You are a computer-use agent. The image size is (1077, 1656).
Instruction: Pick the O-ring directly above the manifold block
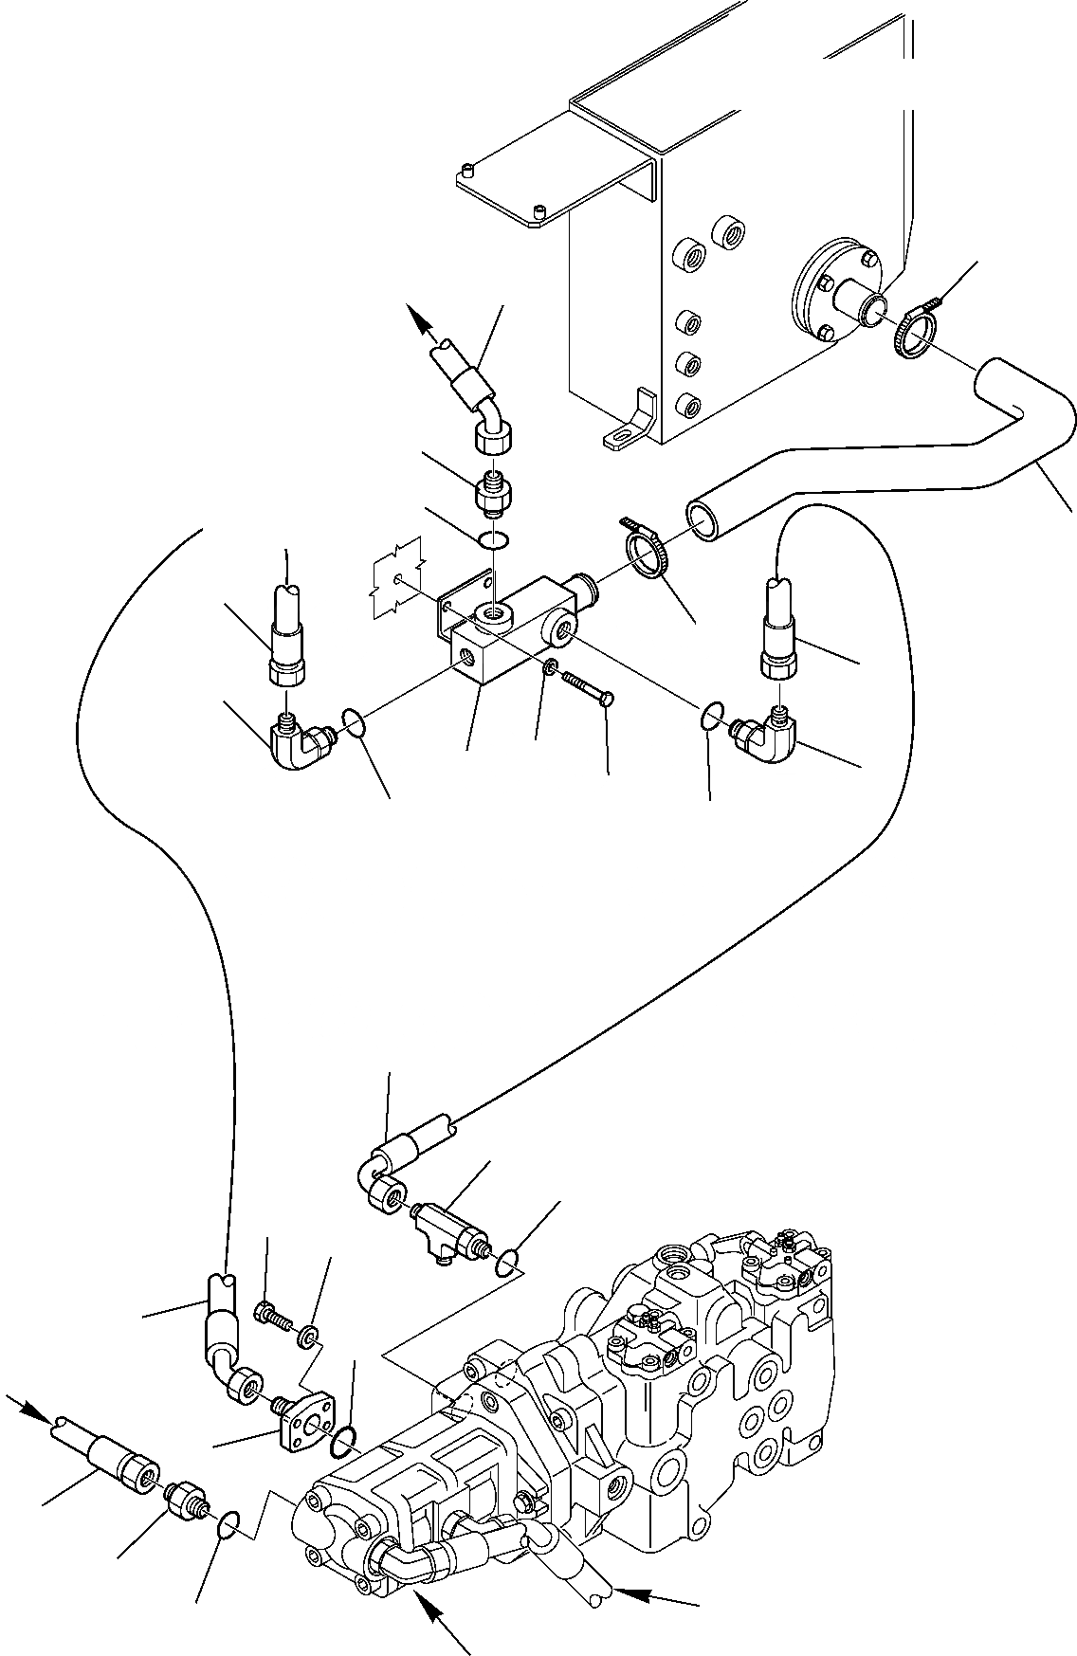(x=492, y=541)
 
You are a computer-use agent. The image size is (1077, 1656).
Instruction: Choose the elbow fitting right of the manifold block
(x=766, y=733)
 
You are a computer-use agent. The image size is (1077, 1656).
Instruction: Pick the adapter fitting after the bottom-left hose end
(x=186, y=1500)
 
